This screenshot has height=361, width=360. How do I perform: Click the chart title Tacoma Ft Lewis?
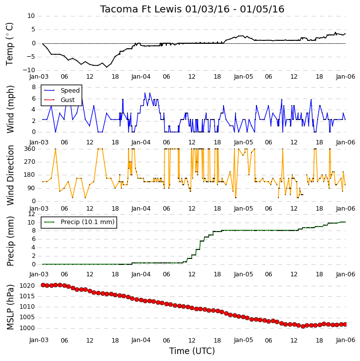(141, 9)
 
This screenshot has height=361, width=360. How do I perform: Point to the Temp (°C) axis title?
(9, 44)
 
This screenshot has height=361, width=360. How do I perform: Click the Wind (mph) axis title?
(10, 109)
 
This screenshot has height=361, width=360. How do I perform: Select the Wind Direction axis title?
(10, 175)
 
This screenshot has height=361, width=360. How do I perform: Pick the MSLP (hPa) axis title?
(10, 307)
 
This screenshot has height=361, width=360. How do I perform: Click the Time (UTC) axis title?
(192, 351)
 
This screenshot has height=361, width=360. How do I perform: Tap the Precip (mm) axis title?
(10, 241)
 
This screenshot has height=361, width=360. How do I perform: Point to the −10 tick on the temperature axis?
(28, 70)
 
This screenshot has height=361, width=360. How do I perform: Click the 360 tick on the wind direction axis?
(30, 149)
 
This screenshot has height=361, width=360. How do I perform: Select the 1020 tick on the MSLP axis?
(27, 286)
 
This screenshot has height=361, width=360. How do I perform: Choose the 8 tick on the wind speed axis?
(33, 87)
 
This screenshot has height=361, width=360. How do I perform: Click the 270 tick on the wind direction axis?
(30, 162)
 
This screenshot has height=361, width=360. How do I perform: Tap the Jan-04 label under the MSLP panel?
(141, 340)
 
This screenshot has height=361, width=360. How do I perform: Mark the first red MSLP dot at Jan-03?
(43, 285)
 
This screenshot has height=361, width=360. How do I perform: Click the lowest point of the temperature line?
(107, 67)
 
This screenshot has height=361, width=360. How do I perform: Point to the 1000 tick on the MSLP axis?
(27, 328)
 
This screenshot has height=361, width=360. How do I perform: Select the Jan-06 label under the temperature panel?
(345, 77)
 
